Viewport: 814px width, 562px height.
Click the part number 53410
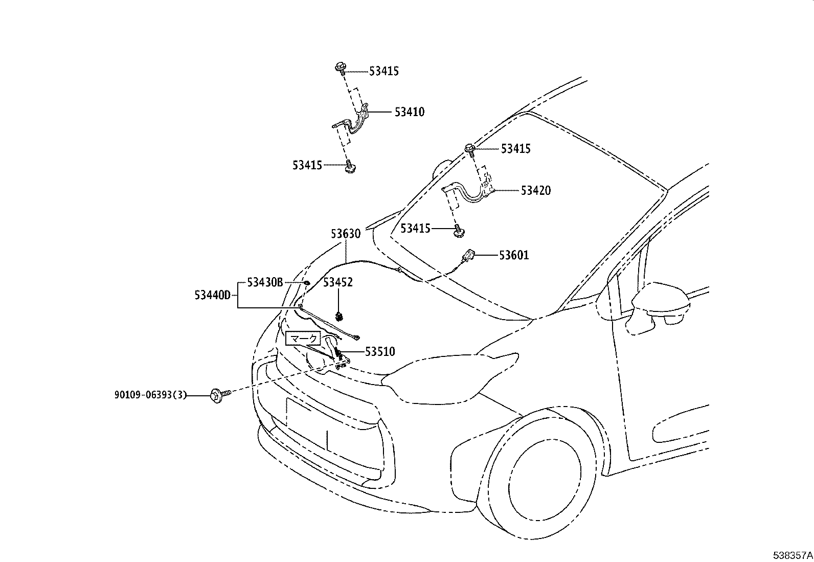(x=410, y=112)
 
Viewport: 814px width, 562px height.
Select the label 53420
(x=536, y=190)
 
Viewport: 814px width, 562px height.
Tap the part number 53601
(x=514, y=255)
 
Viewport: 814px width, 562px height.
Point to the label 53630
(x=346, y=234)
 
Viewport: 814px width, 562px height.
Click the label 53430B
(x=265, y=282)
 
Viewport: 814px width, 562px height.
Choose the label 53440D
(x=213, y=295)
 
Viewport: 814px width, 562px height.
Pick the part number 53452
(x=338, y=282)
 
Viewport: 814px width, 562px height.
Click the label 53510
(x=380, y=352)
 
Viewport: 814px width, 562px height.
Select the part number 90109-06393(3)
(x=150, y=395)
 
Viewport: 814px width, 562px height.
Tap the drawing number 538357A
(x=793, y=555)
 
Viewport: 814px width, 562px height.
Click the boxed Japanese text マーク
(x=303, y=339)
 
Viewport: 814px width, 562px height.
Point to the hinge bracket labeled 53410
(x=352, y=122)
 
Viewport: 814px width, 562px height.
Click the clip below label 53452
(x=339, y=317)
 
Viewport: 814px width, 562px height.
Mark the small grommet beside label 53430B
(x=307, y=282)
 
